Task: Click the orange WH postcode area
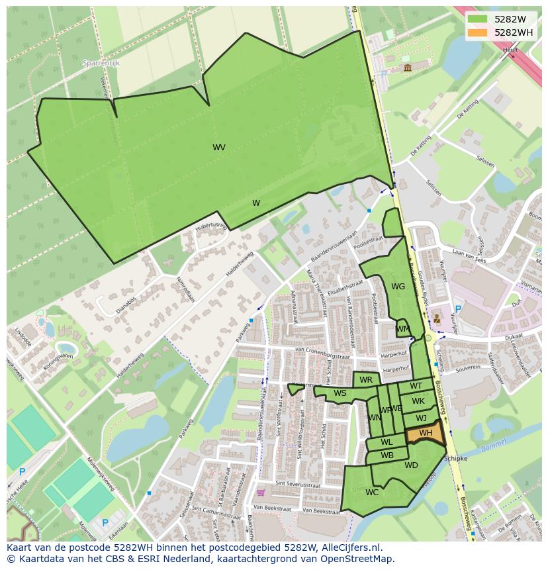coord(425,433)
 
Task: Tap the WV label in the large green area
coord(219,148)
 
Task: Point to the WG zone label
coord(398,287)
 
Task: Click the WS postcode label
coord(340,393)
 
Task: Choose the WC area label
coord(372,492)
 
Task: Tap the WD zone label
coord(411,465)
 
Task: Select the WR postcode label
coord(366,380)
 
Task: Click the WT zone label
coord(416,386)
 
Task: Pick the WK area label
coord(418,401)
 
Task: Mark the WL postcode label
coord(387,442)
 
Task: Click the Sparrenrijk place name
coord(101,63)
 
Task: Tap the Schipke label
coord(456,458)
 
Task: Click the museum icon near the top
coord(406,68)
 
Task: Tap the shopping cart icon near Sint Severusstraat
coord(261,492)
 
